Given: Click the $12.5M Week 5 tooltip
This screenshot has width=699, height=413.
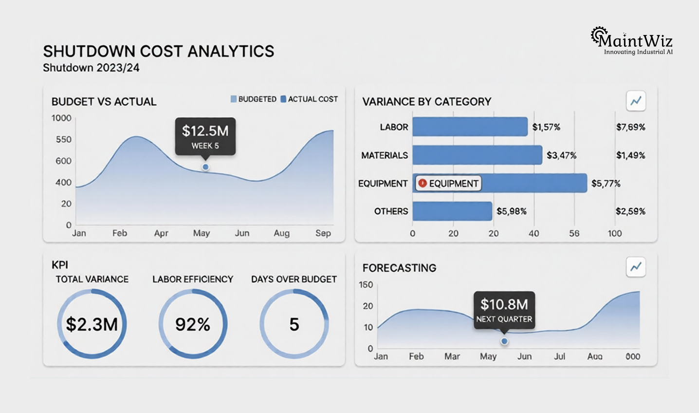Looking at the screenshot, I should (205, 136).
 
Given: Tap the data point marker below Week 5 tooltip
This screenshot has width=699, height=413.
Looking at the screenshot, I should (205, 167).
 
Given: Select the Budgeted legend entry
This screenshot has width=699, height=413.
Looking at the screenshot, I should (254, 99).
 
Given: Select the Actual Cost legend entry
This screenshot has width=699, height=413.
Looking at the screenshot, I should (309, 99).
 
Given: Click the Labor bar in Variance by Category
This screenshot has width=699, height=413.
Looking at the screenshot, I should (470, 127).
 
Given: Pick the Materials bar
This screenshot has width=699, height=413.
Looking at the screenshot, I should (477, 155).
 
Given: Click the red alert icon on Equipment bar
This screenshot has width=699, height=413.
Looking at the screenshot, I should (423, 183).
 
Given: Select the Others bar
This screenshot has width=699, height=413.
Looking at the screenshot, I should (452, 211).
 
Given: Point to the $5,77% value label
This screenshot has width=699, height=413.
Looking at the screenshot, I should (606, 184).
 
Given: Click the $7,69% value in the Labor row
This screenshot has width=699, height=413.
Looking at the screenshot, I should (630, 127).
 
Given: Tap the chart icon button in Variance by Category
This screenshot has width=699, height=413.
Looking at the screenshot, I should (636, 101).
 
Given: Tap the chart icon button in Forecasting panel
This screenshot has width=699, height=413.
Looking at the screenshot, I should (636, 267).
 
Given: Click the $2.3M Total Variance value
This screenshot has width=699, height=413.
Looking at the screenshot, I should (92, 324).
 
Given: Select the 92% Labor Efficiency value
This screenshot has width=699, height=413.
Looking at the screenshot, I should (193, 324).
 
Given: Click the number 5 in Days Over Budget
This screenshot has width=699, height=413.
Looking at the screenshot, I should (294, 324).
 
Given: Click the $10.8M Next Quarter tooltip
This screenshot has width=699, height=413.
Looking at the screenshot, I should (504, 310).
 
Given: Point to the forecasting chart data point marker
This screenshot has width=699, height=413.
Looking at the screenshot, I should (504, 341).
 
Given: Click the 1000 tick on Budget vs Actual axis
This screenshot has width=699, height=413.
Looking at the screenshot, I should (61, 118).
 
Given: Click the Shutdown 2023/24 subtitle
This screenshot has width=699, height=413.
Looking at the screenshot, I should (91, 68).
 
